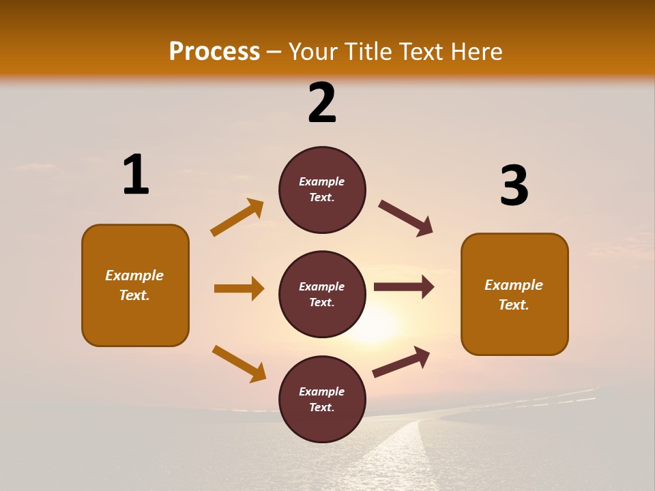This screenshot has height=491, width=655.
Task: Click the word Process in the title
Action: (214, 51)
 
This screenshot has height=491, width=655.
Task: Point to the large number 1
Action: (136, 175)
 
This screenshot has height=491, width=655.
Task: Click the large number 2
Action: (322, 103)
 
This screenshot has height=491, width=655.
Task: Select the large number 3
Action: (514, 186)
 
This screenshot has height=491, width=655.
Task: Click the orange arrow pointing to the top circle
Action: (237, 217)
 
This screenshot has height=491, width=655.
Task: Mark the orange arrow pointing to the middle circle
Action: (239, 288)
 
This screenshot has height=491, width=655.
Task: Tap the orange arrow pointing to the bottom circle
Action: (239, 363)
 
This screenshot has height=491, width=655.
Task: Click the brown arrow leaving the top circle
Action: (406, 218)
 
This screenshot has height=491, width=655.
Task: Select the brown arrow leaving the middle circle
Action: (404, 287)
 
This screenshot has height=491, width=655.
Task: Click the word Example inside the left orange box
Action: (134, 276)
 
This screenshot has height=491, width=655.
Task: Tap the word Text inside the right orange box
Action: (514, 305)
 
